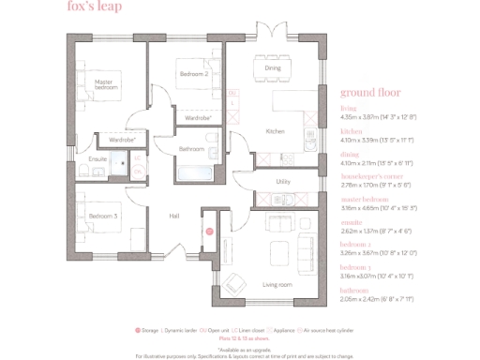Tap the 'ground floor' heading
point(370,93)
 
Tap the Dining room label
point(272,68)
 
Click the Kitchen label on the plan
point(275,131)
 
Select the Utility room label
point(282,180)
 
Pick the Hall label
point(173,216)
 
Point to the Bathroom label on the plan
point(191,148)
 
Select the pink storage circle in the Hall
point(210,230)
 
